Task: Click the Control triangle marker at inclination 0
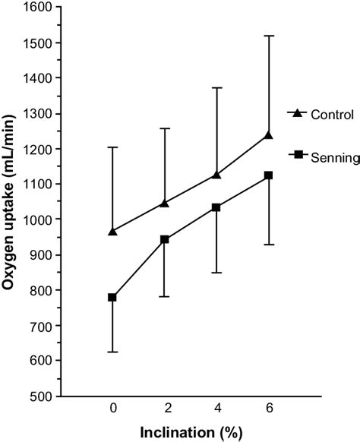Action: (x=112, y=231)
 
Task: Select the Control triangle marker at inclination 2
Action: (x=164, y=203)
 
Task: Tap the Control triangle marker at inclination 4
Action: (x=216, y=175)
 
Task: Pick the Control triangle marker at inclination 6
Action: (x=268, y=135)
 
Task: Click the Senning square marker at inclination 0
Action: (x=112, y=297)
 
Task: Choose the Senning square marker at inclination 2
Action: (x=164, y=239)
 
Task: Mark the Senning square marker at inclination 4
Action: (x=216, y=207)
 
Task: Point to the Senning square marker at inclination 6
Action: (x=268, y=175)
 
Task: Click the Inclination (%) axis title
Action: (x=190, y=433)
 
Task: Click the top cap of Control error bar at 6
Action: (x=268, y=36)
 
